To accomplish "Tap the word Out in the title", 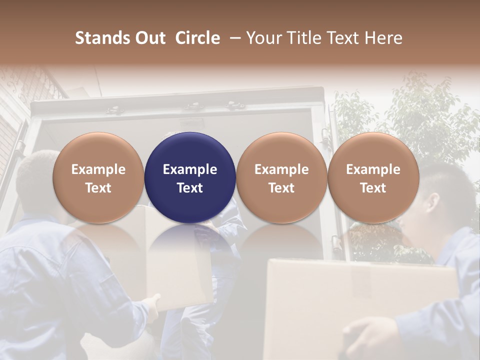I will pos(149,38).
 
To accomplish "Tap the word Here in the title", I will pos(383,38).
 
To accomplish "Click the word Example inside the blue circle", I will pos(190,169).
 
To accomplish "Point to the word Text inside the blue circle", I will pos(190,188).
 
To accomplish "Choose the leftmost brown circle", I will pos(98,177).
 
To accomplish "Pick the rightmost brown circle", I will pos(373,177).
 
